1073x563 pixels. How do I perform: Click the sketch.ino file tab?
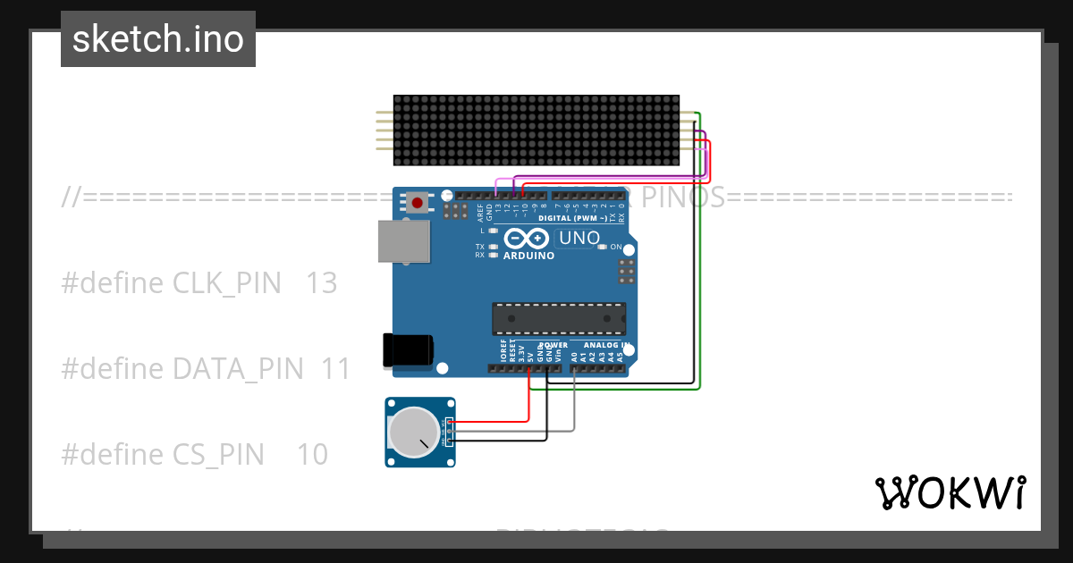[x=157, y=39]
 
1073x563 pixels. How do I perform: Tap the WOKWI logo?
[x=950, y=492]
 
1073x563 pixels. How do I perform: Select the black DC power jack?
[x=408, y=349]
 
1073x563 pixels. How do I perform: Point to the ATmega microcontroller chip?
[x=559, y=319]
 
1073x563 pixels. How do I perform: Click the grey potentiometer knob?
[x=416, y=432]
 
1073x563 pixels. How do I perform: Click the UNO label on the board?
[x=579, y=239]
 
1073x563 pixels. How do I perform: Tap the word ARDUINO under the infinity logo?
[x=528, y=256]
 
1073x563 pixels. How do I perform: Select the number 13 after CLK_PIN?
[x=321, y=283]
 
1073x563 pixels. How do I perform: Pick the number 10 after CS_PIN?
[x=312, y=454]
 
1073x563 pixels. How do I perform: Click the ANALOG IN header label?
[x=606, y=345]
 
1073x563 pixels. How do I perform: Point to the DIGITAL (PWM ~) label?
[x=575, y=219]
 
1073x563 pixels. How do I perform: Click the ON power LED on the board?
[x=602, y=247]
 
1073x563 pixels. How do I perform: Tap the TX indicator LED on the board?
[x=493, y=246]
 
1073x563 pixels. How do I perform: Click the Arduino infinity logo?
[x=528, y=239]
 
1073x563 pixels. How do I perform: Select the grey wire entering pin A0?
[x=574, y=402]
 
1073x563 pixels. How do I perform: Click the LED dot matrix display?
[x=536, y=130]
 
